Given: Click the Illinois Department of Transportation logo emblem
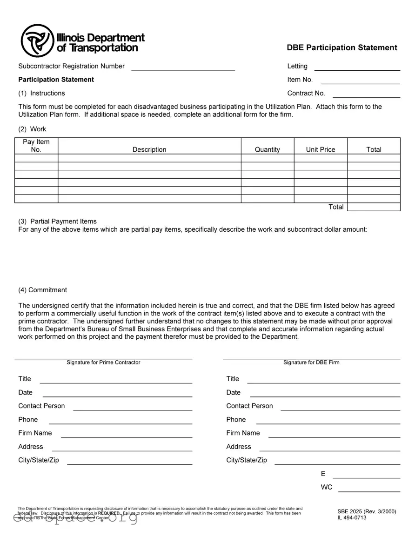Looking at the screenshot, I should click(x=38, y=40).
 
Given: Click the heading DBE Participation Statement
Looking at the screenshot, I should click(x=342, y=47).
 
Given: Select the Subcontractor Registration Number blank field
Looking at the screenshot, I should click(x=183, y=67).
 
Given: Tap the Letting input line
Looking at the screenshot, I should click(x=357, y=67).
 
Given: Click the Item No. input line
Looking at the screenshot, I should click(x=360, y=81).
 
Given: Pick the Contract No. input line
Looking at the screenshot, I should click(x=366, y=94).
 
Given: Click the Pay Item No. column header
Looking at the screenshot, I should click(x=36, y=146).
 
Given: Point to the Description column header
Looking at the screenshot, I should click(x=149, y=149).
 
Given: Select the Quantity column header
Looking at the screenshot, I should click(x=268, y=149).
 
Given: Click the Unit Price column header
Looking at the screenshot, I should click(x=321, y=149).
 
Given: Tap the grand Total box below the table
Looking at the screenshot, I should click(x=374, y=207).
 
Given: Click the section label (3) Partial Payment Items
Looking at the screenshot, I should click(x=57, y=221).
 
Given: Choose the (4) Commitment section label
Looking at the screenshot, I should click(x=42, y=290).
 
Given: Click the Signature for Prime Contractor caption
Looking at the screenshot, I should click(x=103, y=362).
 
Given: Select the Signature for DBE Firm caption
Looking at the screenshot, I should click(x=311, y=362).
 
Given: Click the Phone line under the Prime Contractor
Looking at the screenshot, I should click(x=120, y=421).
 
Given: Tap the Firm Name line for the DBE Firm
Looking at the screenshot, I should click(x=334, y=434).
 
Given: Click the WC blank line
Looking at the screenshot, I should click(x=369, y=488).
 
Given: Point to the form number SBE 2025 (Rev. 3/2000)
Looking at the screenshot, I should click(x=367, y=511).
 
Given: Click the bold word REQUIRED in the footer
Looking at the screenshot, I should click(x=109, y=513).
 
